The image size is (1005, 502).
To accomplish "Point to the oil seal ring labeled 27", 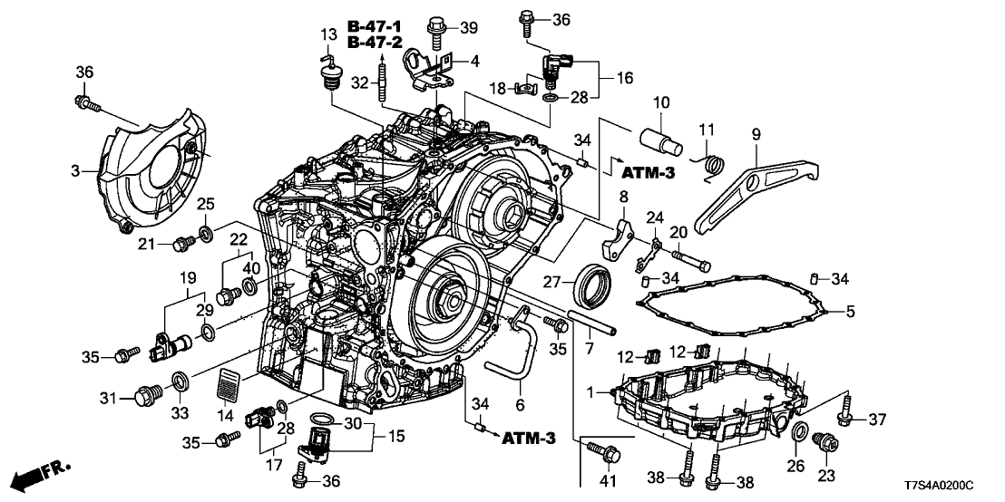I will (594, 283).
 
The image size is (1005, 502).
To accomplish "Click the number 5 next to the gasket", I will (850, 312).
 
